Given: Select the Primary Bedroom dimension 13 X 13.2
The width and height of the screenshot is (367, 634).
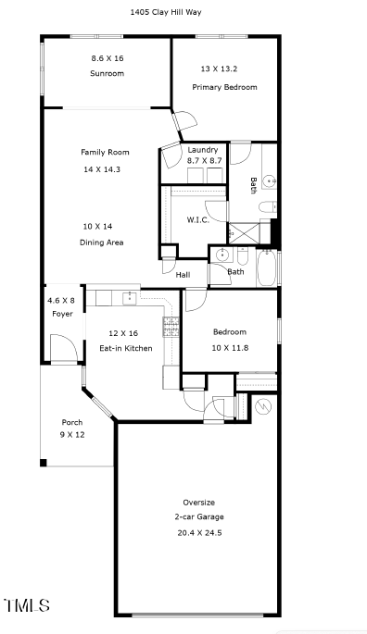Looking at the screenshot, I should pyautogui.click(x=224, y=68).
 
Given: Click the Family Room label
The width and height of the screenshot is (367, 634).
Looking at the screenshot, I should pyautogui.click(x=105, y=152).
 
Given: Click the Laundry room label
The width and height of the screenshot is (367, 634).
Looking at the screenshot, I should pyautogui.click(x=203, y=150).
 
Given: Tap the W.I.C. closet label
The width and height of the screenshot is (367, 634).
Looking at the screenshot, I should pyautogui.click(x=196, y=219).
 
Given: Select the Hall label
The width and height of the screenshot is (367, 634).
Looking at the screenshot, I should pyautogui.click(x=183, y=275).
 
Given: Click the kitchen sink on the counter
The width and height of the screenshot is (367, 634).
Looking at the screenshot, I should pyautogui.click(x=130, y=297).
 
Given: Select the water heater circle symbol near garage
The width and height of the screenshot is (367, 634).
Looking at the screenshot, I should pyautogui.click(x=261, y=405).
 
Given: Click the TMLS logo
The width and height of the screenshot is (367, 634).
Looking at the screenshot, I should pyautogui.click(x=27, y=606).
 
